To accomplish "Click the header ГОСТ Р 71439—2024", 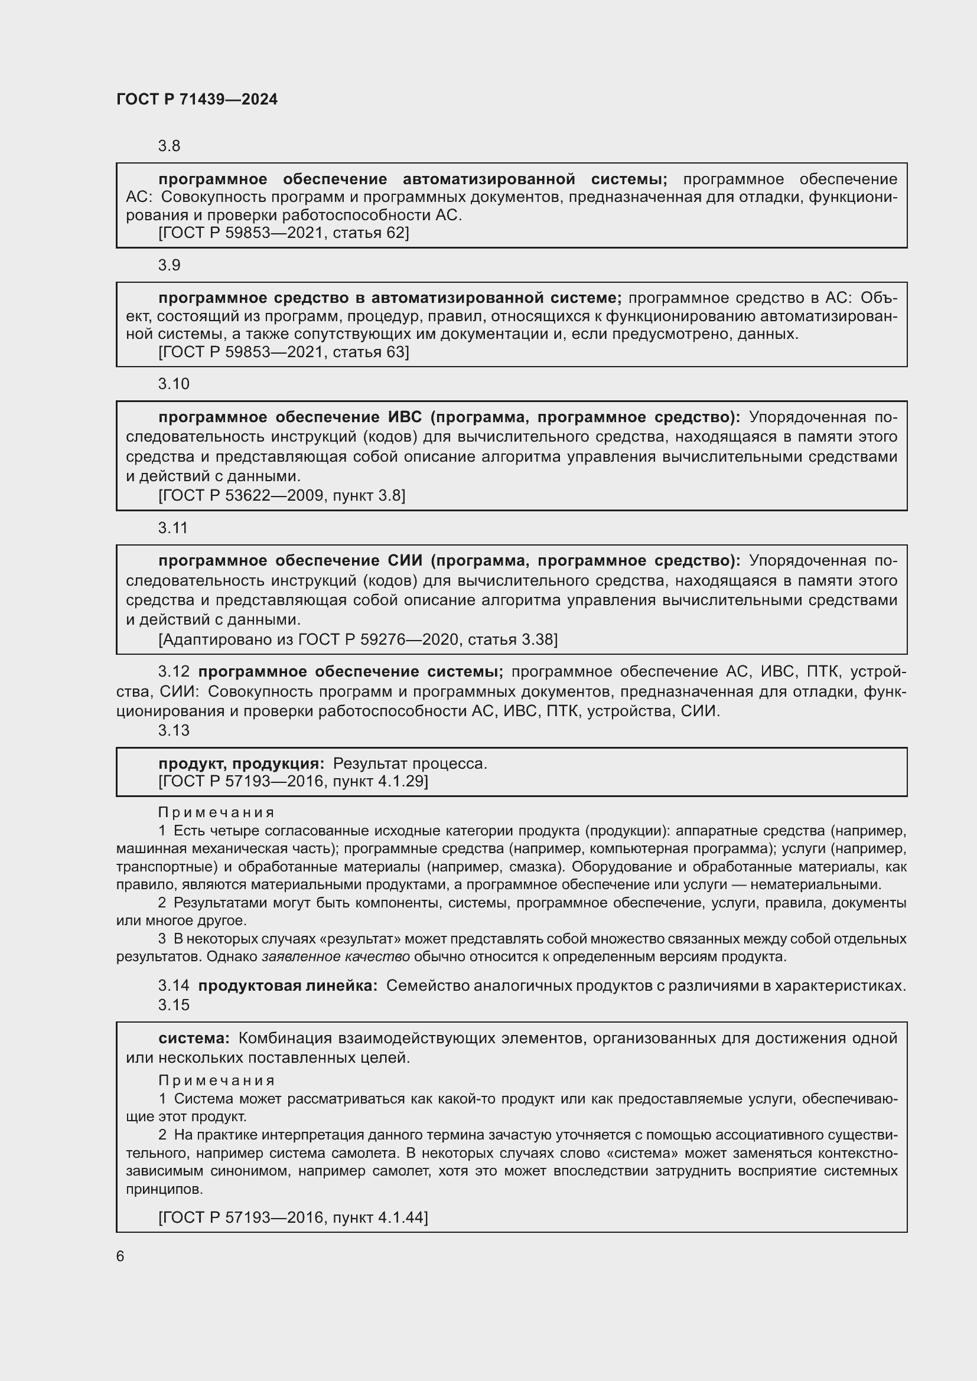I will [x=197, y=100].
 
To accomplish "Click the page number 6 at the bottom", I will [x=121, y=1256].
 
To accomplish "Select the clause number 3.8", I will [x=169, y=146].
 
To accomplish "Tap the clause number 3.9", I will [x=169, y=265].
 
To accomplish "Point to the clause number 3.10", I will [x=173, y=384].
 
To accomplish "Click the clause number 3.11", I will [x=172, y=527].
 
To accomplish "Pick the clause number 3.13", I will [x=173, y=730].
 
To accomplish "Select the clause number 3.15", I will [x=173, y=1004].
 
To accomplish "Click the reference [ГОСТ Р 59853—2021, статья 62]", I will [x=284, y=233].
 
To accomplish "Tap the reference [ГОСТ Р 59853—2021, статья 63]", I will [x=284, y=352].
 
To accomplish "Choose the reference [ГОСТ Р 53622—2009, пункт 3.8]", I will [x=282, y=495].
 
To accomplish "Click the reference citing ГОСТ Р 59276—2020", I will [x=358, y=639].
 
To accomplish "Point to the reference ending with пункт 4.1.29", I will [x=293, y=781].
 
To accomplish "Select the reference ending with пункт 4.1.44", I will [x=293, y=1217].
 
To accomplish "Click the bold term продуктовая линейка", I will [x=288, y=985].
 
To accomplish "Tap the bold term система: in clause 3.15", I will [x=194, y=1038].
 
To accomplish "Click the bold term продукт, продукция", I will [x=241, y=763].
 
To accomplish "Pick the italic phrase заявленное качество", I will [x=336, y=956].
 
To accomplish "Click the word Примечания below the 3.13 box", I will [x=216, y=812].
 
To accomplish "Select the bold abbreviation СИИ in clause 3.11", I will [x=401, y=560].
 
